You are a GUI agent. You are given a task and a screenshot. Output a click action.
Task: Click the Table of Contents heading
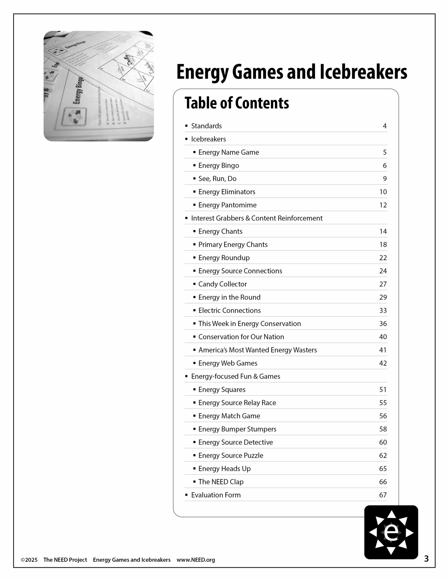237,103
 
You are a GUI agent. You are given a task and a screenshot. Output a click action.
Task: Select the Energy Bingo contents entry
219,165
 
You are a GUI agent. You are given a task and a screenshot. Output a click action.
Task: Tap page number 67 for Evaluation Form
383,495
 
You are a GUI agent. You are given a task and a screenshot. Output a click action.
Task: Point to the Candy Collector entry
223,284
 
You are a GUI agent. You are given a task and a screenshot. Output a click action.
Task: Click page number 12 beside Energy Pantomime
383,205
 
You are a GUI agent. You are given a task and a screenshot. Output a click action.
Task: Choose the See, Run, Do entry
217,179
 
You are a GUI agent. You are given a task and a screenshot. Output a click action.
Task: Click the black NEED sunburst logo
391,532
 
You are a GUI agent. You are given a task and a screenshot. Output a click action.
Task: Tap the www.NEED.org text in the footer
196,560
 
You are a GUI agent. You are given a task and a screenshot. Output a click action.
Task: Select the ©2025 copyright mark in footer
29,560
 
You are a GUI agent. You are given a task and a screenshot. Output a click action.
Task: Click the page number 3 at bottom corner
426,559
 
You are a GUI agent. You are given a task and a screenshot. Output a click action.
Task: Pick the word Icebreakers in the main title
363,72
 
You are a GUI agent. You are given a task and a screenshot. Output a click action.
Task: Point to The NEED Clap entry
221,482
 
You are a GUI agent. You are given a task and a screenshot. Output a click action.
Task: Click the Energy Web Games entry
228,363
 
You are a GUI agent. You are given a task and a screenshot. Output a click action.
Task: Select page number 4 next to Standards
385,126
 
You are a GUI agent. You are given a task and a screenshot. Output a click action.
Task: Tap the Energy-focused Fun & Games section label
236,376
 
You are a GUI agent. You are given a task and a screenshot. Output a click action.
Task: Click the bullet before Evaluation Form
186,495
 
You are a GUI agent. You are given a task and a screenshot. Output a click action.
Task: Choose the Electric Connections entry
229,310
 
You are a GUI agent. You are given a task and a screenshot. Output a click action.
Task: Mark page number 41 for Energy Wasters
383,350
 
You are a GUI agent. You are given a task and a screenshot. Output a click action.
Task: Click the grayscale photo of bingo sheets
99,86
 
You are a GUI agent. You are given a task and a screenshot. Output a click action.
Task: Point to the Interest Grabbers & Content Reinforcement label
257,218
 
